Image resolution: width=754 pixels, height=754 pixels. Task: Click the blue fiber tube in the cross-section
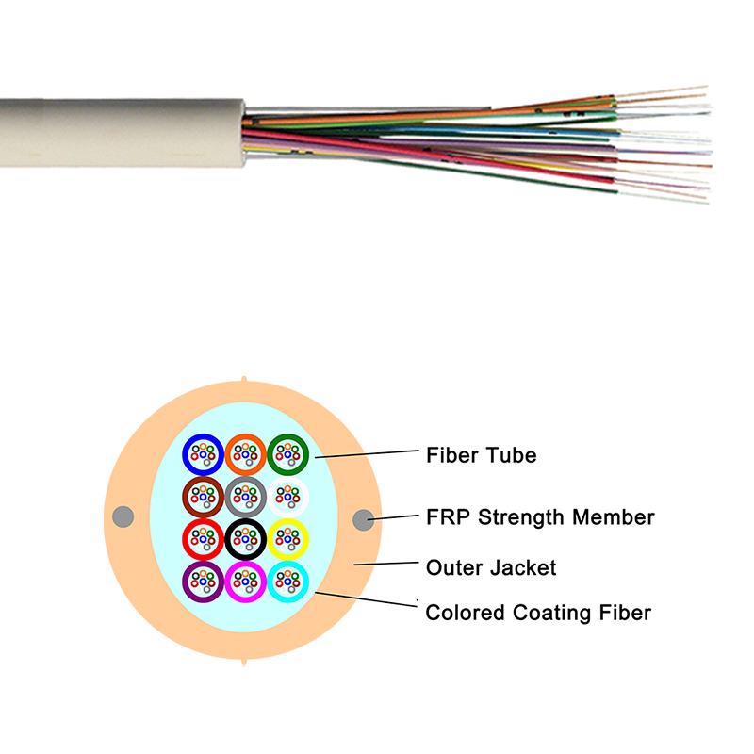202,454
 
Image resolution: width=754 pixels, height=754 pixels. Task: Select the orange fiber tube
245,454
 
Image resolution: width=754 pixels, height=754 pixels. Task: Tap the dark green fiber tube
288,454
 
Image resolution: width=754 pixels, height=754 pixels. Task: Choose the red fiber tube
202,539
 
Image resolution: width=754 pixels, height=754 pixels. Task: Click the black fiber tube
245,539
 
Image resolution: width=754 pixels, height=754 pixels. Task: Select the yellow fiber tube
288,539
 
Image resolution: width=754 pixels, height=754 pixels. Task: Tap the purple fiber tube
202,582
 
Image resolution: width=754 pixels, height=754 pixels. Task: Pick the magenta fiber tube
245,582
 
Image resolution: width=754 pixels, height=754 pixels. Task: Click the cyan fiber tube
288,582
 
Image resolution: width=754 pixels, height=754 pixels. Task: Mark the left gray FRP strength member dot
122,516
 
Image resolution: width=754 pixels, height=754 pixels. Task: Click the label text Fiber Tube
481,456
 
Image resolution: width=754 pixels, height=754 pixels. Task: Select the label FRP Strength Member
539,517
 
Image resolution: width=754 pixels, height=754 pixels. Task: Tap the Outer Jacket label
491,567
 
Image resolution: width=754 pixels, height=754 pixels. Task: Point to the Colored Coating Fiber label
538,613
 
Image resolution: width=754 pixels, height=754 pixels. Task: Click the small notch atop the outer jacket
244,380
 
